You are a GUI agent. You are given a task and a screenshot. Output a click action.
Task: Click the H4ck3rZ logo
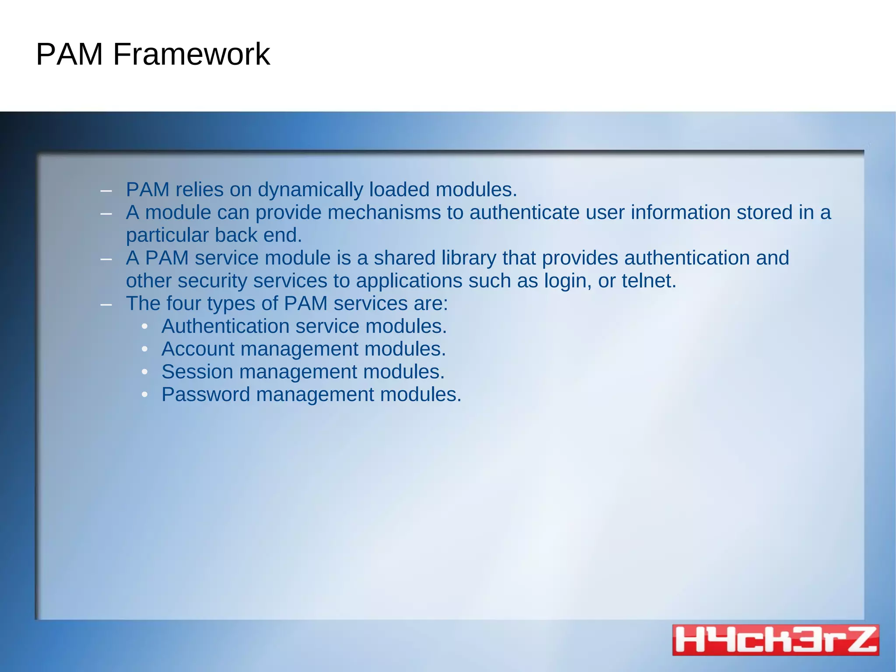coord(775,640)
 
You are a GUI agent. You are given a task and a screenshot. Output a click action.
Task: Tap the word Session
coord(197,372)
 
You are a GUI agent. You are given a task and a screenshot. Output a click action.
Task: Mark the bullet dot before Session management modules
coord(145,372)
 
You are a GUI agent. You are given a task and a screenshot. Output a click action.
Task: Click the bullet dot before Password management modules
coord(145,395)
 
